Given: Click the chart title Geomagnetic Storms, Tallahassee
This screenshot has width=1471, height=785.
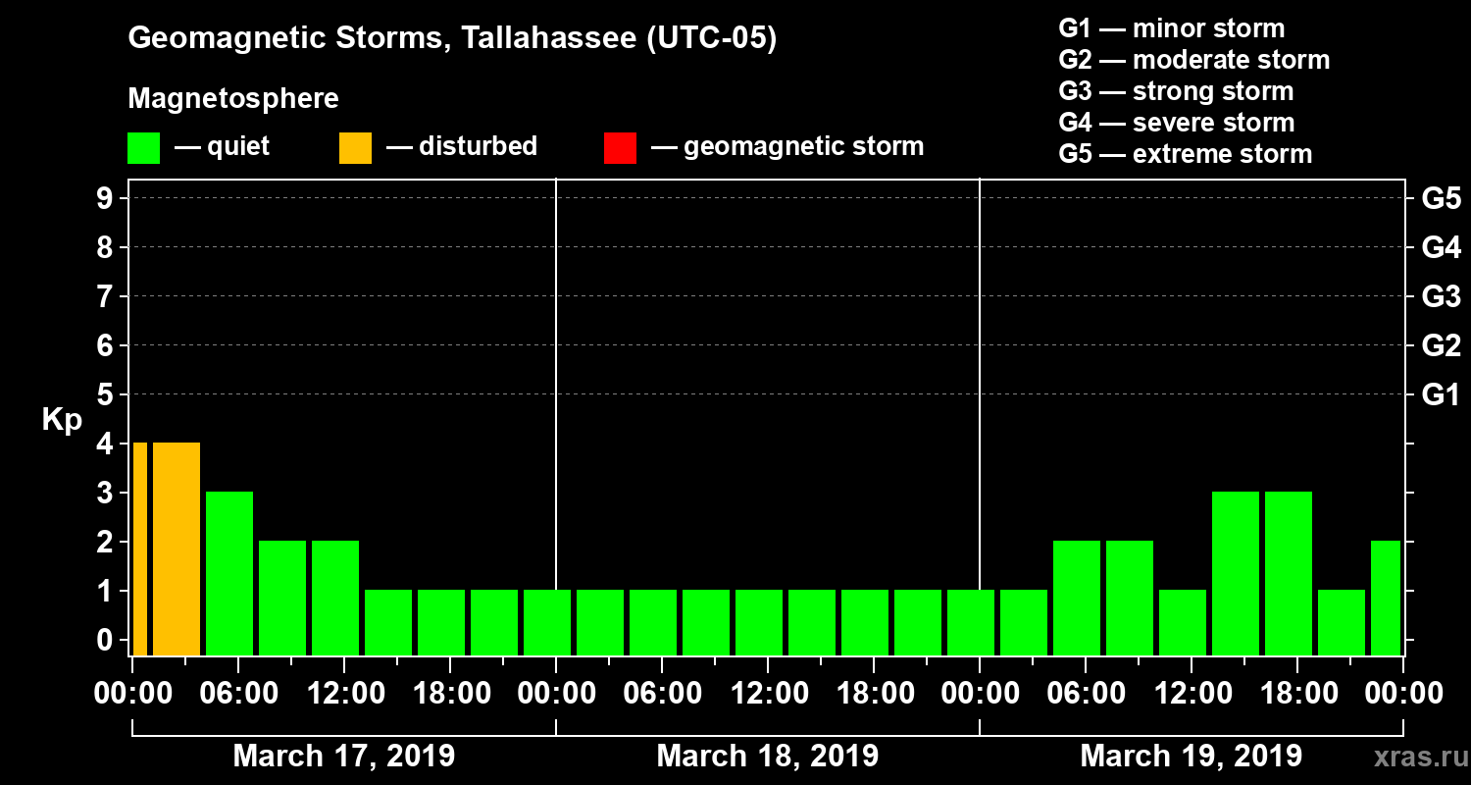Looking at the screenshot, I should (x=452, y=39).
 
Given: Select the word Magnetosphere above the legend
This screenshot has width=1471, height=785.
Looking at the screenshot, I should (x=233, y=99).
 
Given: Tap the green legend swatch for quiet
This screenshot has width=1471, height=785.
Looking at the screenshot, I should (x=143, y=148).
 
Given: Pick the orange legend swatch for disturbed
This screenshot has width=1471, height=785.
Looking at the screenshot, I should (x=355, y=148).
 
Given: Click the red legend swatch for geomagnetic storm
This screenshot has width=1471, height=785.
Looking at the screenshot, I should (x=620, y=148).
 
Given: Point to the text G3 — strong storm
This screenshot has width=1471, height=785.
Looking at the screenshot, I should (x=1176, y=91).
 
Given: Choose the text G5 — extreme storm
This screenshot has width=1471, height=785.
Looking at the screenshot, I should (x=1185, y=154).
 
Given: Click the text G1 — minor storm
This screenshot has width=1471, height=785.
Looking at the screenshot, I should (x=1171, y=28).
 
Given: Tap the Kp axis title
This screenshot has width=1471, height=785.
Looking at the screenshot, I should (x=62, y=420).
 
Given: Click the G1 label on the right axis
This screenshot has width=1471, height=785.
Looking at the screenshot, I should (x=1441, y=394).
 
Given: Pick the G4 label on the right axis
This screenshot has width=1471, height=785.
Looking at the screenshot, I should (x=1441, y=247).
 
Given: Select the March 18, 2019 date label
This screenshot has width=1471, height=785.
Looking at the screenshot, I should (x=767, y=757).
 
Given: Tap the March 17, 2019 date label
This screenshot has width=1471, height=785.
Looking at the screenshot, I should (x=343, y=757).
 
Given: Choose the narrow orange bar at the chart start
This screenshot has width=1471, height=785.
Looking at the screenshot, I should (x=139, y=549).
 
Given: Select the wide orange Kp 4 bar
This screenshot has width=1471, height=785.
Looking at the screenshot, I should (x=177, y=549).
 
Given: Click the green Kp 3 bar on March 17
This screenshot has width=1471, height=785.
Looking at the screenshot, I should (x=229, y=574).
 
